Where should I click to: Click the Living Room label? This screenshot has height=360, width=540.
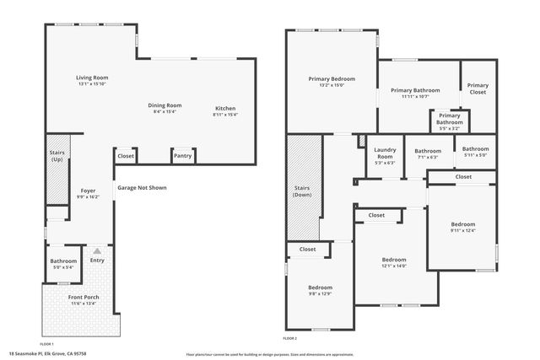[93, 77]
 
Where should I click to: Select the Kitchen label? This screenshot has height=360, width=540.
[225, 108]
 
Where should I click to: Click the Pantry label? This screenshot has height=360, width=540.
[182, 156]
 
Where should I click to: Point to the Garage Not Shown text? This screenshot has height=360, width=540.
[141, 187]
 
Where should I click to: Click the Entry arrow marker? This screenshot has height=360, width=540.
[97, 251]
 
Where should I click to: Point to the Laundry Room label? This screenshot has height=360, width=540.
[385, 153]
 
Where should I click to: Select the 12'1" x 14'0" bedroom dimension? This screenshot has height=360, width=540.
[394, 266]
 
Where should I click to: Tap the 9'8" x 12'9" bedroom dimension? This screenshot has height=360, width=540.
[320, 293]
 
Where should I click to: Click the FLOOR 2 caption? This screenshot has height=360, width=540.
[289, 338]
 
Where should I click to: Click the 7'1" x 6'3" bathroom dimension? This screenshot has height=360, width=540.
[428, 157]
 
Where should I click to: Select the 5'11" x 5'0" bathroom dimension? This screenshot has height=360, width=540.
[476, 154]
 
